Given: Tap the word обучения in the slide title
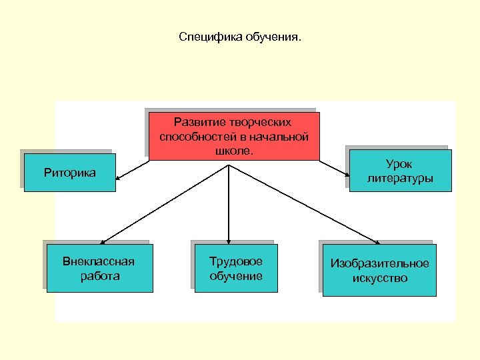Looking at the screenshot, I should [x=274, y=37].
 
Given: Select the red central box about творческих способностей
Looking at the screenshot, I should [x=234, y=137].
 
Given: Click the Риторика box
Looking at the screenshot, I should [x=69, y=173].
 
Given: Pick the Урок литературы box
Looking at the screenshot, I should [x=399, y=171].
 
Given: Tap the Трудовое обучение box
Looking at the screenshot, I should [x=236, y=268].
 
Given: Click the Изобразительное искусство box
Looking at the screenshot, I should [x=379, y=271].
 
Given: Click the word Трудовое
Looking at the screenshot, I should [x=236, y=261].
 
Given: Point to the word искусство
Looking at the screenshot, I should [x=380, y=278].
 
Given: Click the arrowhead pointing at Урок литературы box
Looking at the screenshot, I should [x=347, y=176].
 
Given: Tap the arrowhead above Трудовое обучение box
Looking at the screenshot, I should [x=229, y=240].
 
